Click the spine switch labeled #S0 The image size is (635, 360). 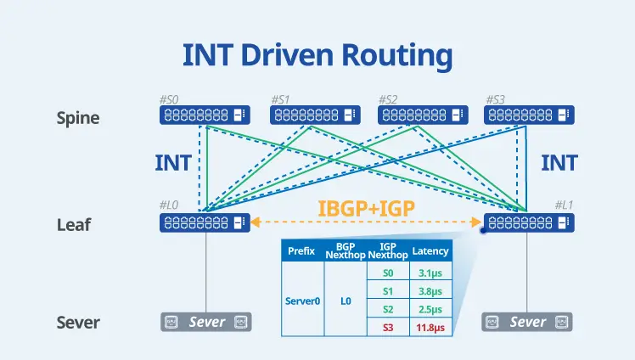205,115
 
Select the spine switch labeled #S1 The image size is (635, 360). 315,115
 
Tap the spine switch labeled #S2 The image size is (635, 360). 423,115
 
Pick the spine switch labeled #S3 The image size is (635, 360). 529,115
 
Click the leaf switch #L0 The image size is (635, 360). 205,222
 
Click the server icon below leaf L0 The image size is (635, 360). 206,323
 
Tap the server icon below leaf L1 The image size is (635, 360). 527,323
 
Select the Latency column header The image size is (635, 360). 430,251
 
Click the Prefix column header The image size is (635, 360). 302,251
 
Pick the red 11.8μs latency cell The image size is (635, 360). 430,327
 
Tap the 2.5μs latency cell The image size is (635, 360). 430,309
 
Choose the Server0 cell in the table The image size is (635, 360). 303,300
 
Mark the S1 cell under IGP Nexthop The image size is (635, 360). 387,290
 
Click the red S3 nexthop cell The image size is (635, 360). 387,327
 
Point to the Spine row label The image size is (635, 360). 77,117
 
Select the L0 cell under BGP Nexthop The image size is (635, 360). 346,300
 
